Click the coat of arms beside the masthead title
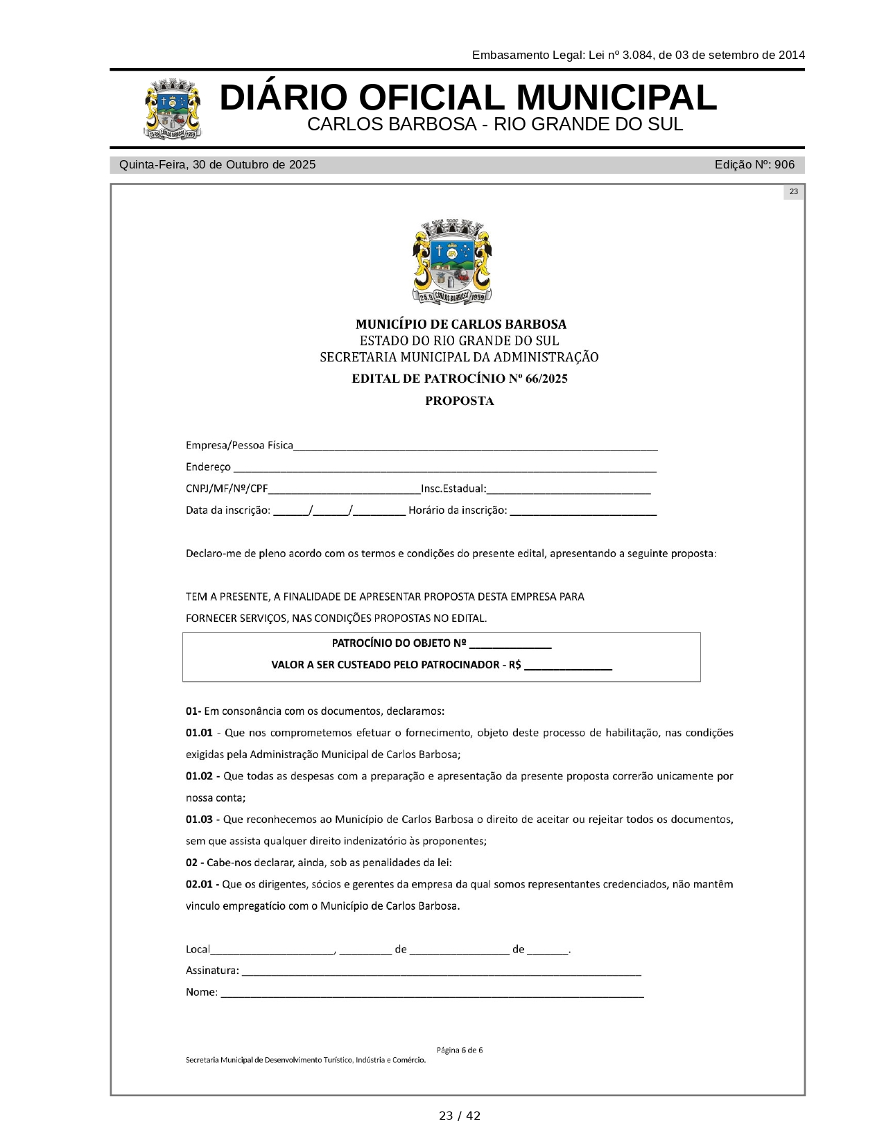click(x=173, y=110)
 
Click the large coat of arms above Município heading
click(x=452, y=262)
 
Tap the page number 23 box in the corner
click(x=793, y=192)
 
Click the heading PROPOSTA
click(x=459, y=401)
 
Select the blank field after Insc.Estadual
click(x=569, y=492)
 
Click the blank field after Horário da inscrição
click(x=583, y=513)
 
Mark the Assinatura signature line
click(x=441, y=973)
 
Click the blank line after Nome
click(x=432, y=995)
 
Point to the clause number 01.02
click(x=199, y=776)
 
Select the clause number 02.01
click(x=199, y=884)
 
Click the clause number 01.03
click(x=199, y=820)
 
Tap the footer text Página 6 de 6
click(x=459, y=1050)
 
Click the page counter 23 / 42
click(x=459, y=1116)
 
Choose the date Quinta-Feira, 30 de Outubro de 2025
click(x=217, y=165)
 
